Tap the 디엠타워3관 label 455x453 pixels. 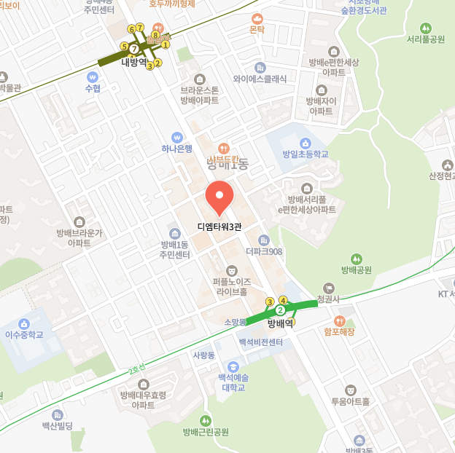coord(219,227)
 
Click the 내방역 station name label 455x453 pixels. coord(133,62)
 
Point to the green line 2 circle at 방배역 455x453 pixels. coord(280,311)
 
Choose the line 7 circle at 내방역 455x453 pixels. coord(134,48)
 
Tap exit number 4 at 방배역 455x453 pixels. coord(284,301)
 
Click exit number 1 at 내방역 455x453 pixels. coord(166,44)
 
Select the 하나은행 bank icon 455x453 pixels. coord(176,137)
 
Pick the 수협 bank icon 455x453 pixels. coord(93,76)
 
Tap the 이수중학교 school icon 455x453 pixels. coord(25,323)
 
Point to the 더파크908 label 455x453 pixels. coord(264,252)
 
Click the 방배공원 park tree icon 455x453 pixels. coord(356,259)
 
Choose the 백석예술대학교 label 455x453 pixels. coord(233,382)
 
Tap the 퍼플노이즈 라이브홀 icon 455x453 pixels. coord(232,270)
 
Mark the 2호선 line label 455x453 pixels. coord(136,369)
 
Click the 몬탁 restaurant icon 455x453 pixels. coord(256,18)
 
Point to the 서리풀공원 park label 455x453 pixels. coord(427,39)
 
